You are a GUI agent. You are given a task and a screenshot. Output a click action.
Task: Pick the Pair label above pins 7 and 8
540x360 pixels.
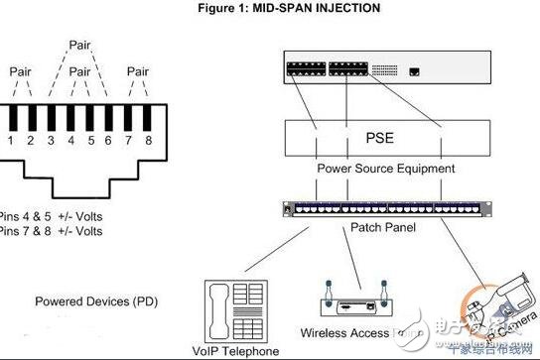(x=137, y=72)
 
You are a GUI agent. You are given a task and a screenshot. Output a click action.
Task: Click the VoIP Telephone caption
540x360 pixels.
(x=239, y=349)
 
